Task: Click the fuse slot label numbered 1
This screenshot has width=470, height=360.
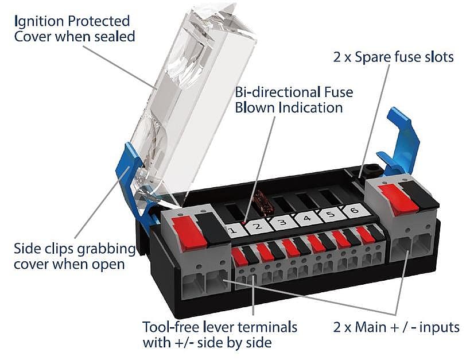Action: (x=232, y=231)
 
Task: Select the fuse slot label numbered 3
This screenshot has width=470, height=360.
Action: (x=281, y=222)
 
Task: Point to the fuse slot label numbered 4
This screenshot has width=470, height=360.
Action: (x=306, y=218)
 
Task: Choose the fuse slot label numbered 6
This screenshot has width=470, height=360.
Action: (x=354, y=210)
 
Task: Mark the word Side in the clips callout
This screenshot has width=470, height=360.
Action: (x=26, y=250)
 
